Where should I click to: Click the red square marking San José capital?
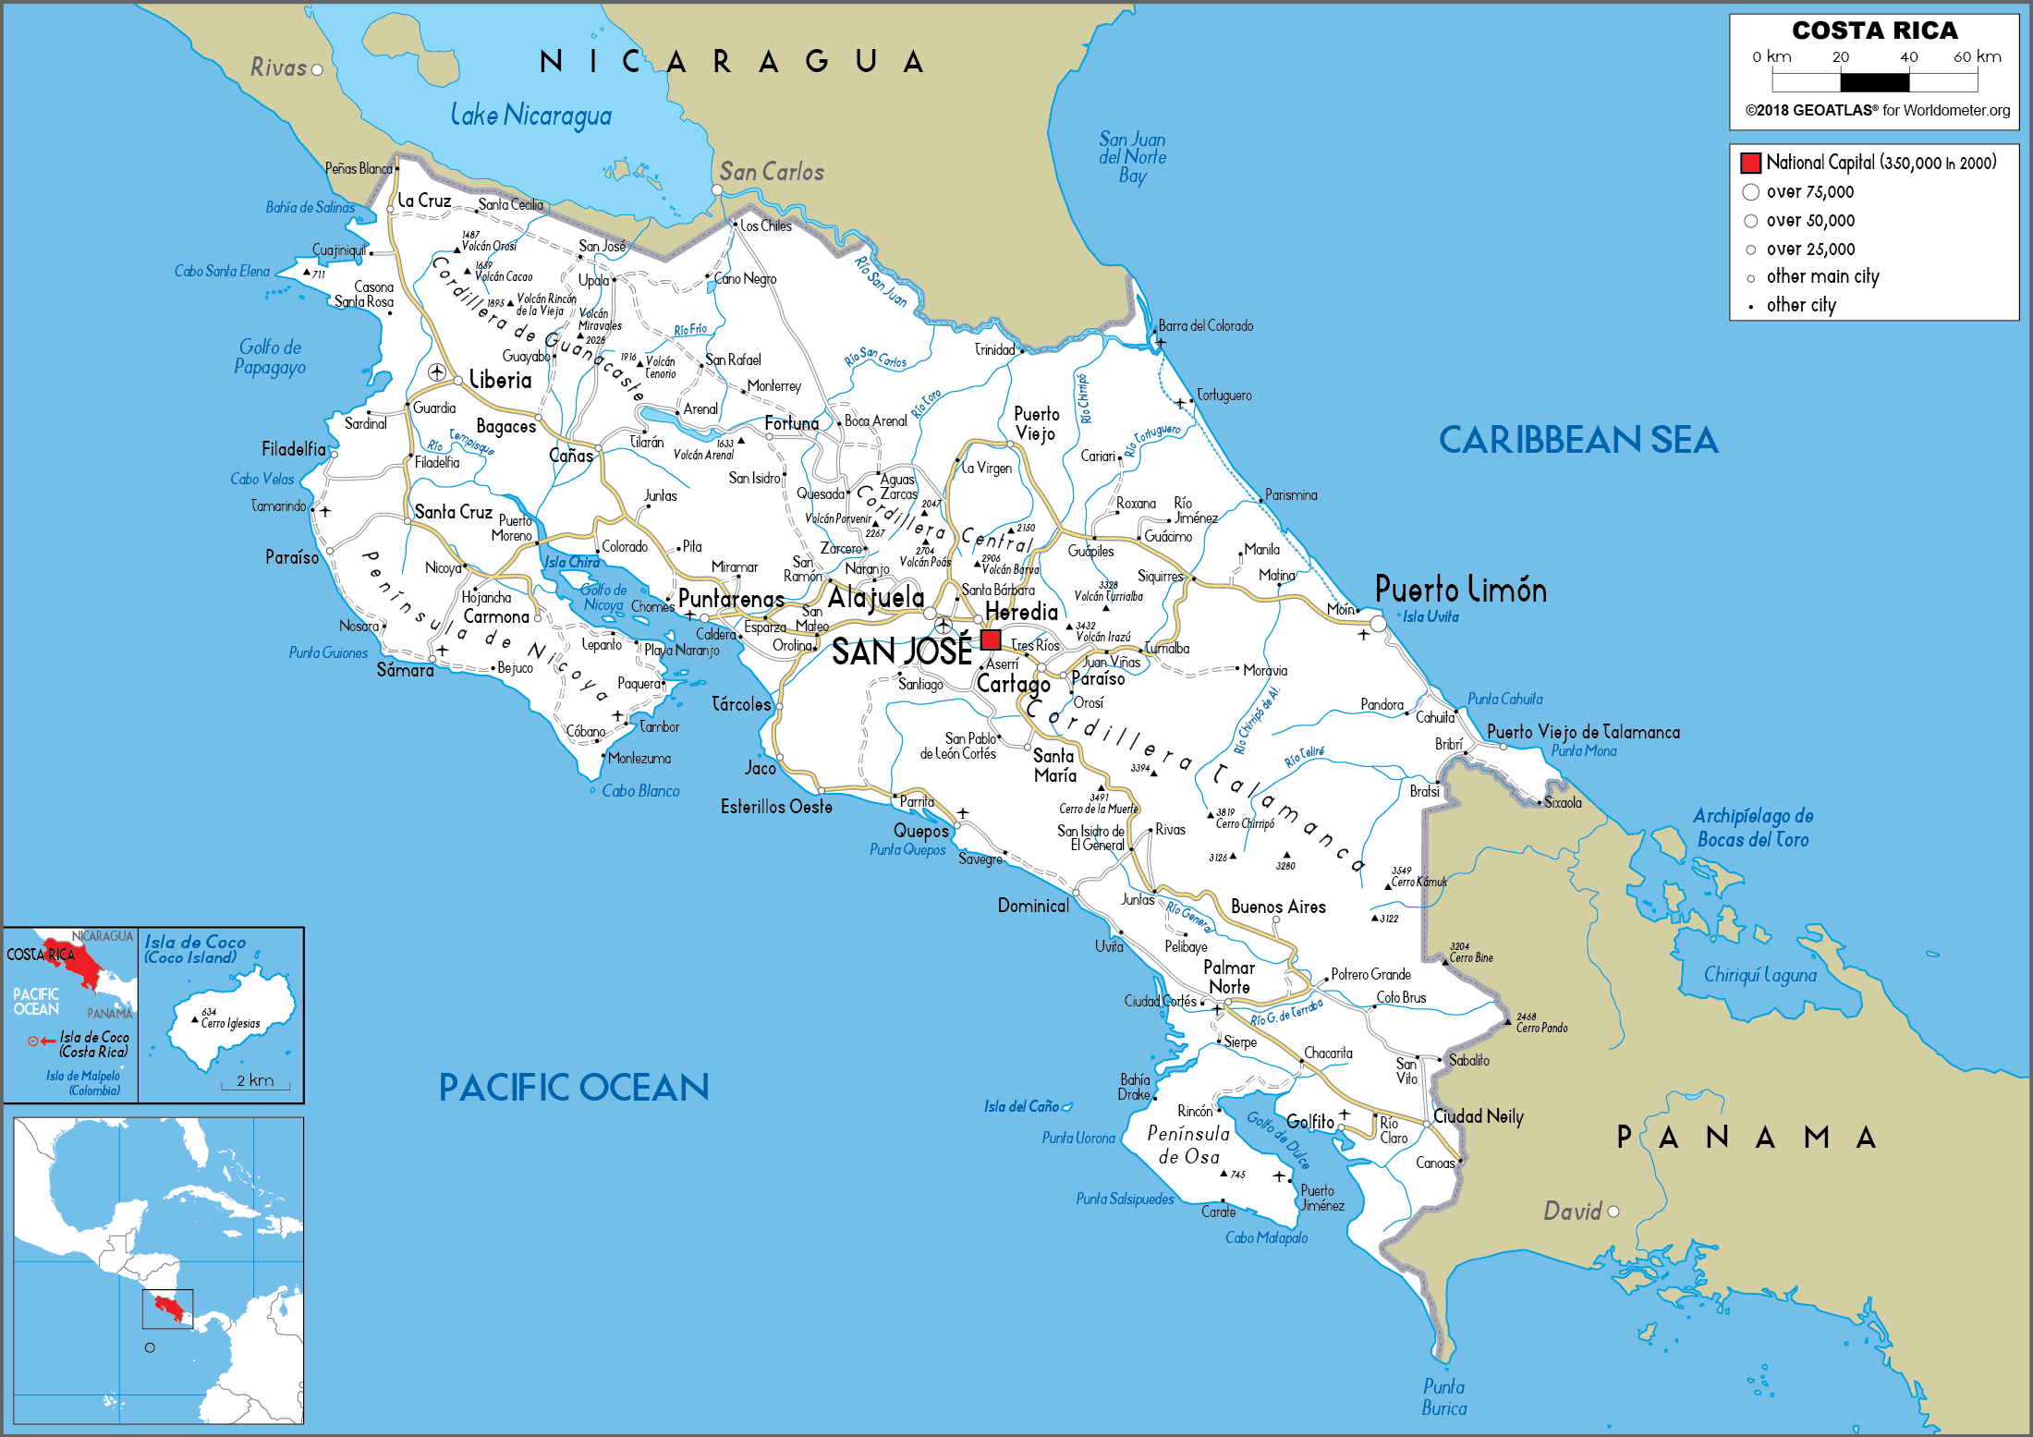coord(991,639)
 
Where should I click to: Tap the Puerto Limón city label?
coord(1460,590)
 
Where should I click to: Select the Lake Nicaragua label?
coord(530,116)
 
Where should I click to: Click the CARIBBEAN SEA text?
coord(1577,440)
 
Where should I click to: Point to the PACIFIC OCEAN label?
coord(573,1088)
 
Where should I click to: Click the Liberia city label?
coord(500,380)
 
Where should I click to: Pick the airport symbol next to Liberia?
coord(437,371)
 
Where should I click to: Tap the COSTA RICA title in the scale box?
coord(1874,30)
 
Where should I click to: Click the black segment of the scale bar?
coord(1874,82)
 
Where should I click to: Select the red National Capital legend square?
coord(1750,163)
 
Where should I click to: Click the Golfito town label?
coord(1309,1121)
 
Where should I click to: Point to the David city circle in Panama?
coord(1613,1212)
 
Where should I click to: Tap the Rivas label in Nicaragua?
coord(278,67)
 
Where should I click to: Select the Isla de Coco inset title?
coord(195,949)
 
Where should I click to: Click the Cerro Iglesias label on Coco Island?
coord(230,1023)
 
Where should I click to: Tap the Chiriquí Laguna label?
coord(1759,975)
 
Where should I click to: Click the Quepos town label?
coord(920,831)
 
